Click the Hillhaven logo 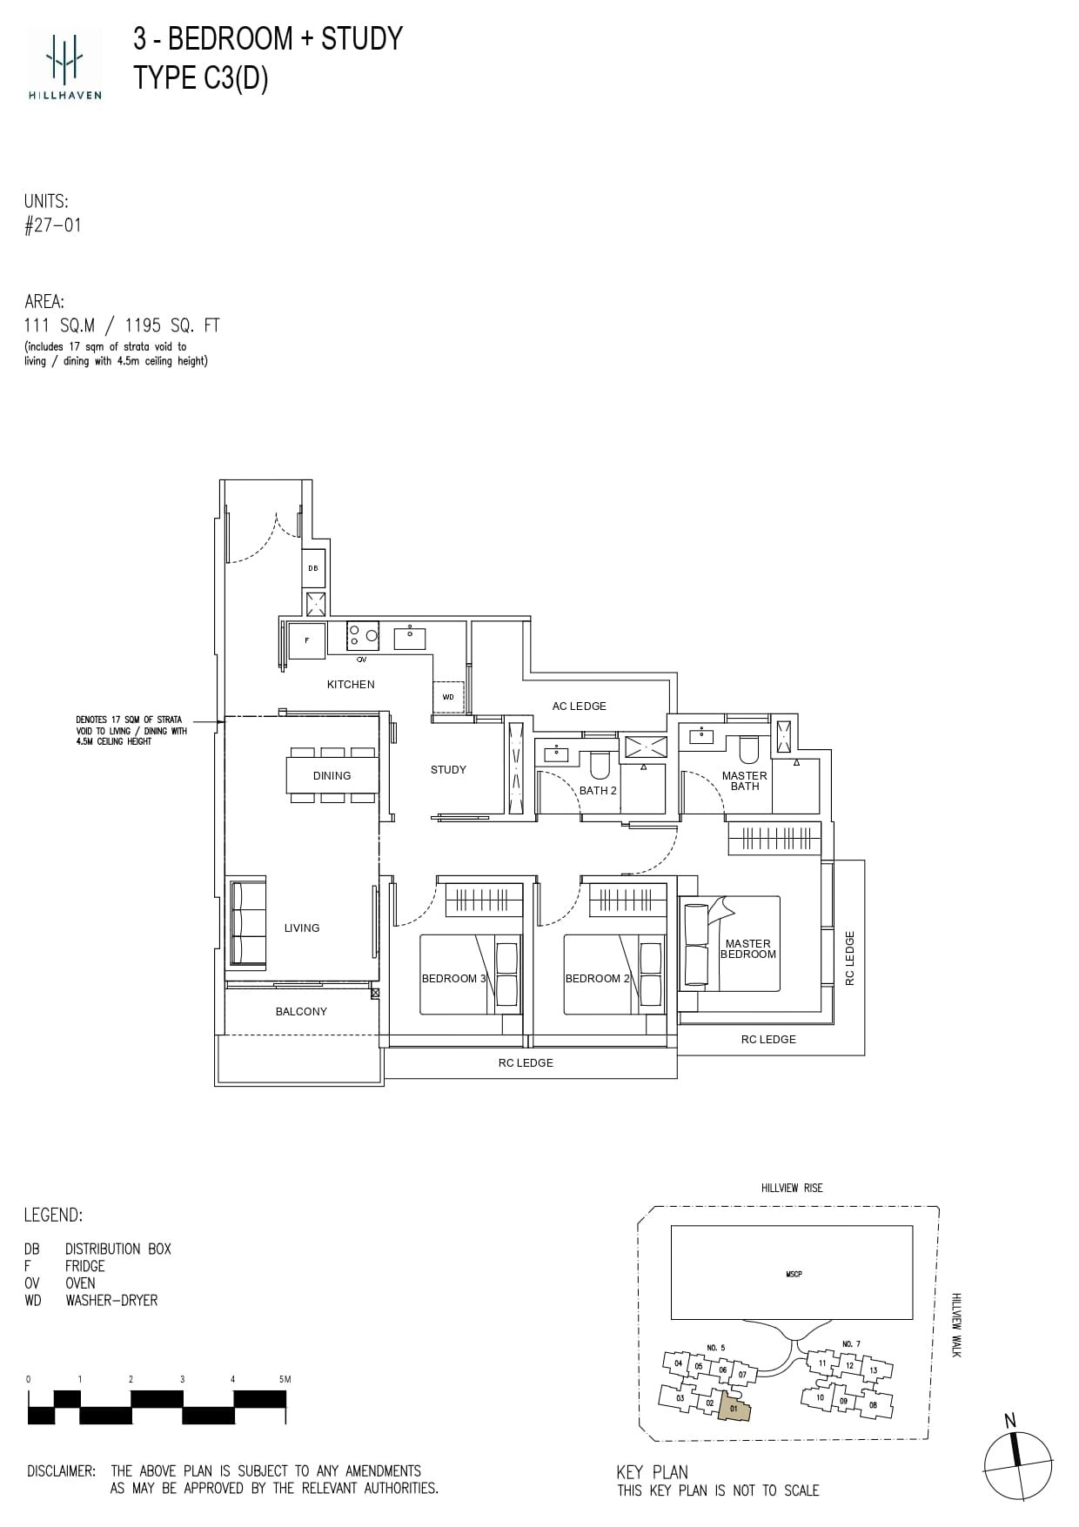65,63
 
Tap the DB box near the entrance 313,568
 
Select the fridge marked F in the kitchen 306,640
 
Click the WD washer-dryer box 448,697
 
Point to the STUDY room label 448,769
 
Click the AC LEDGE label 579,706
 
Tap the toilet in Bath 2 599,765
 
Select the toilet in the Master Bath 748,750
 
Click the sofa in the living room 248,922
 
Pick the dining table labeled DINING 332,775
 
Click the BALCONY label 301,1011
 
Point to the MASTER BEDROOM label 747,948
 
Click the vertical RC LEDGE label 850,958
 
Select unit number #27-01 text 53,225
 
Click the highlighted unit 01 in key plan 734,1407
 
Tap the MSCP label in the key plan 793,1274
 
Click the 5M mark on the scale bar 285,1379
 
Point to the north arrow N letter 1009,1421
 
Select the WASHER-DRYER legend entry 111,1300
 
